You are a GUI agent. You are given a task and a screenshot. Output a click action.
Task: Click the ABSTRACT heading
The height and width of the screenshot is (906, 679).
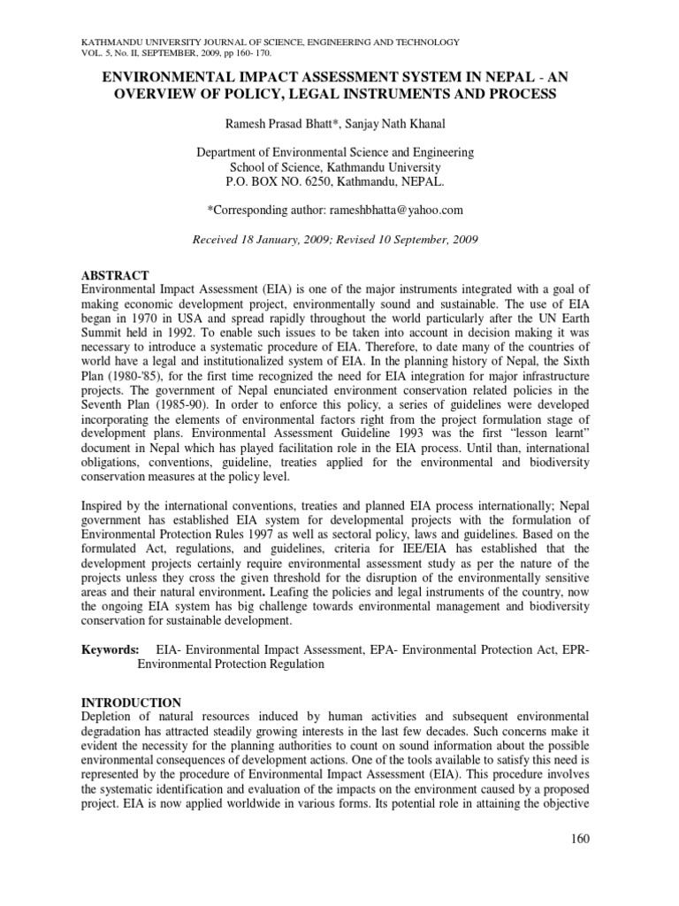click(x=115, y=275)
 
